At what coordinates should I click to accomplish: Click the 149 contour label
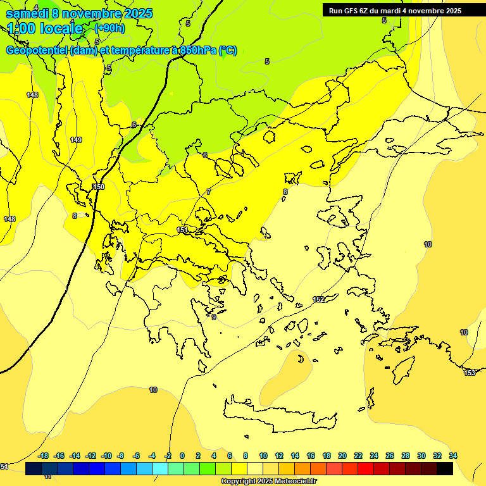tap(76, 140)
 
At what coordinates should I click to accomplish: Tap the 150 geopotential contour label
tap(98, 187)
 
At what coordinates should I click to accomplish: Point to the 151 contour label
tap(182, 230)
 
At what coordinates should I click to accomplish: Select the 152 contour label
tap(318, 299)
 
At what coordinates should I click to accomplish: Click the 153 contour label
tap(470, 373)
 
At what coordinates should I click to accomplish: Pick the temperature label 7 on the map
tap(208, 192)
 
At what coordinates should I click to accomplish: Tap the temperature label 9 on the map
tap(214, 317)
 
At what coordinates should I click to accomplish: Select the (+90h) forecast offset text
tap(109, 28)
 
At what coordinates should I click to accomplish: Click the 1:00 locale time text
tap(45, 28)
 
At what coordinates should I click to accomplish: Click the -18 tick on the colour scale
tap(43, 456)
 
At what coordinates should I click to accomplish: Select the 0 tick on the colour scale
tap(182, 456)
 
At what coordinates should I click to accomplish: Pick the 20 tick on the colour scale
tap(342, 456)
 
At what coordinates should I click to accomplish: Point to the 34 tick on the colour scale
tap(452, 456)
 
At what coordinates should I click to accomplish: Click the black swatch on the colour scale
tap(444, 468)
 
